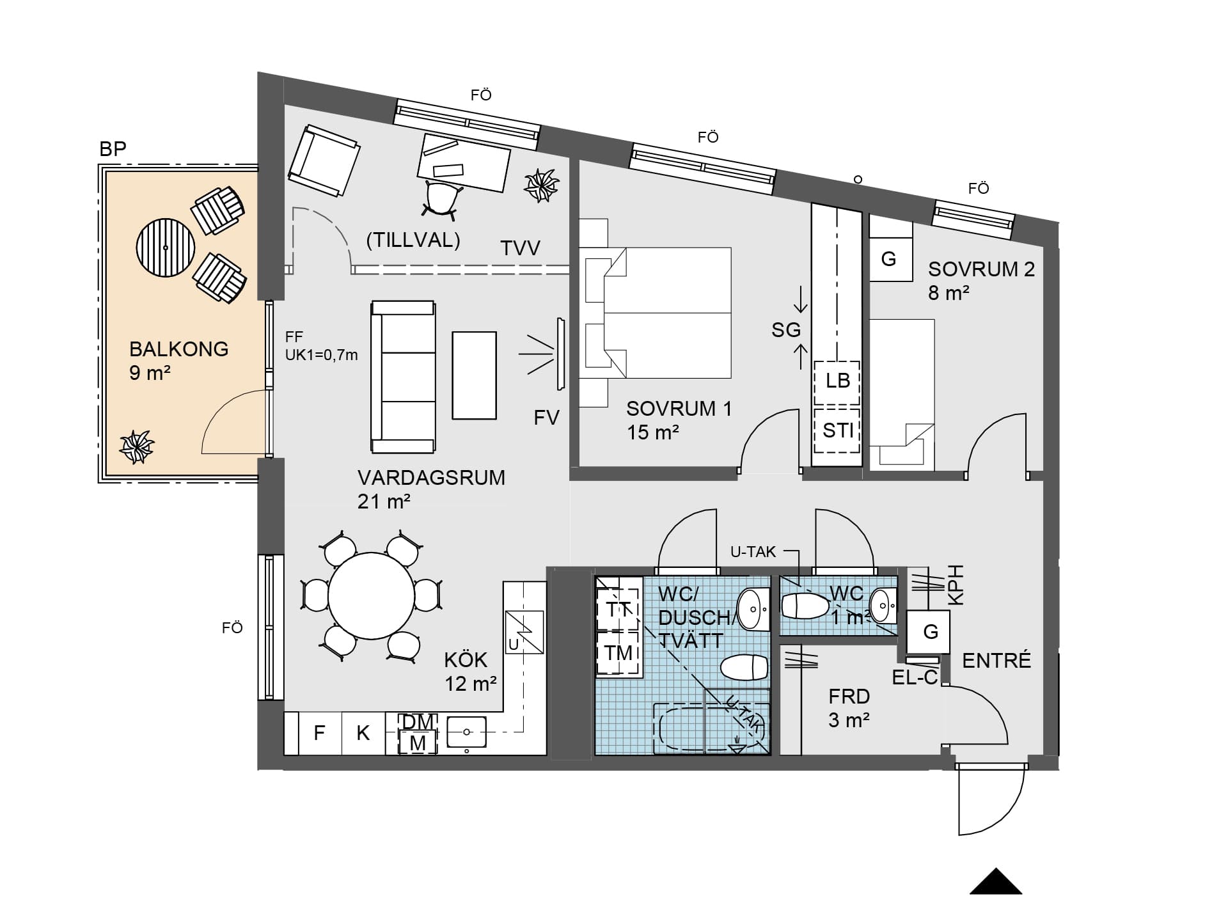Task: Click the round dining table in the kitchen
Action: pos(371,596)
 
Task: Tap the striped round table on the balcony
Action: pos(166,248)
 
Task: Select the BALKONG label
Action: pos(178,349)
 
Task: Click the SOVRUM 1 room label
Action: pos(679,408)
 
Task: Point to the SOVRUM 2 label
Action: pos(981,269)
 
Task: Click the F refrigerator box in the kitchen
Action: pos(320,732)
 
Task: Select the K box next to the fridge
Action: pos(363,732)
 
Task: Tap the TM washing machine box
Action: pos(618,653)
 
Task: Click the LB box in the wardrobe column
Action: pos(837,381)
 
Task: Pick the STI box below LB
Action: pos(837,430)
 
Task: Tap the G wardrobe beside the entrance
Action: pos(929,632)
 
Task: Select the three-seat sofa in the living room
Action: pos(404,377)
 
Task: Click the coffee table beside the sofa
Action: pos(474,375)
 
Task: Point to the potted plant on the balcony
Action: pos(137,446)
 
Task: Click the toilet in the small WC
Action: pos(805,606)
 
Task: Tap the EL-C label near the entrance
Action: pos(915,677)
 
